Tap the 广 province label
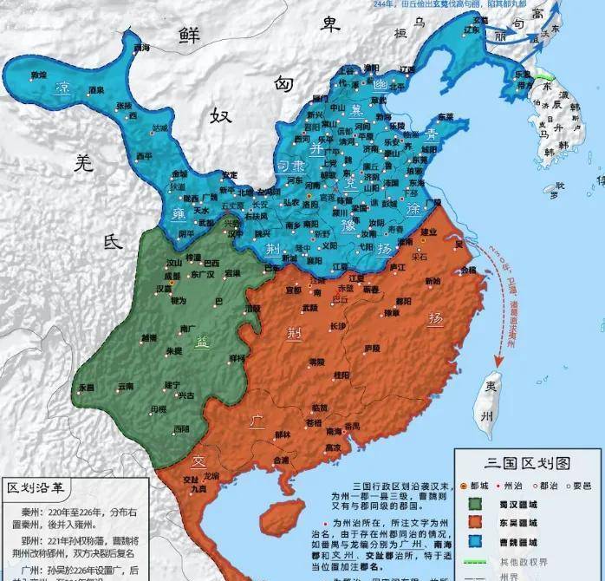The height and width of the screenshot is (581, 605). pyautogui.click(x=257, y=421)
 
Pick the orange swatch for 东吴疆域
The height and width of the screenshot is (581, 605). pyautogui.click(x=475, y=523)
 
